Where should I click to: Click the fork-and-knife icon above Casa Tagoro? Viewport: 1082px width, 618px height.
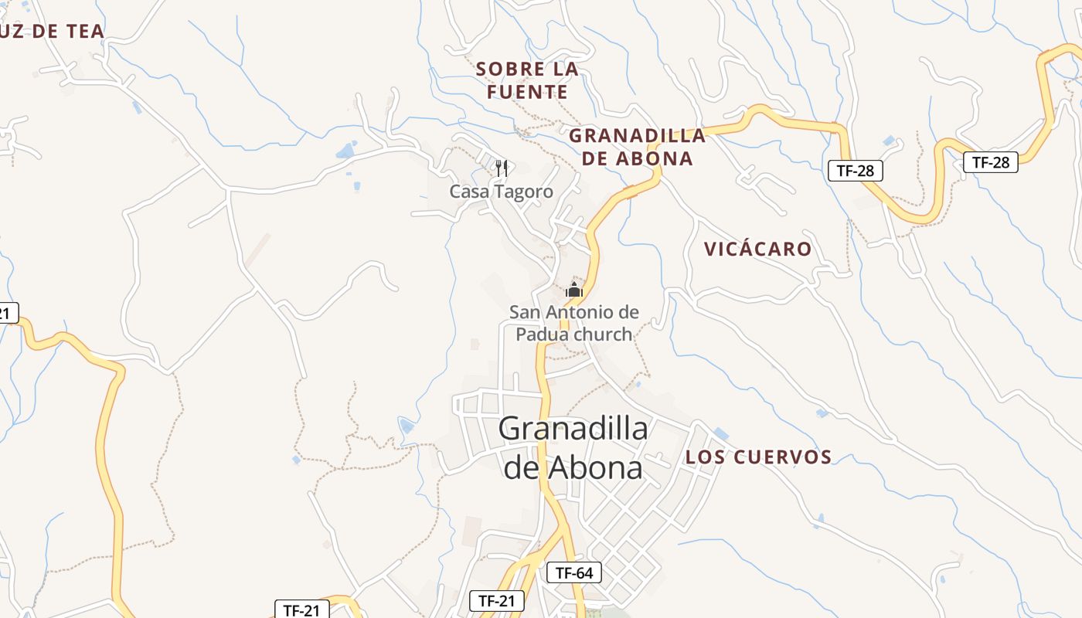502,168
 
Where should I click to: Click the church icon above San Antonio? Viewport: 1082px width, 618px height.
573,290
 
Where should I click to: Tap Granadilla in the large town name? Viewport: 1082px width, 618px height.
573,428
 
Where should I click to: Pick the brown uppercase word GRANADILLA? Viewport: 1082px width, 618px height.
638,136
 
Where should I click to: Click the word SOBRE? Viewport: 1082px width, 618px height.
505,69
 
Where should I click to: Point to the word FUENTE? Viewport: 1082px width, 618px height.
527,93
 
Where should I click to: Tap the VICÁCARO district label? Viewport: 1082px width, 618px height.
757,249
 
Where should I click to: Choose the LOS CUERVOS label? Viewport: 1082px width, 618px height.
758,457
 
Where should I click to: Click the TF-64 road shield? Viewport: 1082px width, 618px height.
574,573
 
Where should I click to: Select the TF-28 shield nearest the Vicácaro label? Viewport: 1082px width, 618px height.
856,171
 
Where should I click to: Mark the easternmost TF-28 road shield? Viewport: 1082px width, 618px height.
990,162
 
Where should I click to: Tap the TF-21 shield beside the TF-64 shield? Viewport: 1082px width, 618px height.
497,600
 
